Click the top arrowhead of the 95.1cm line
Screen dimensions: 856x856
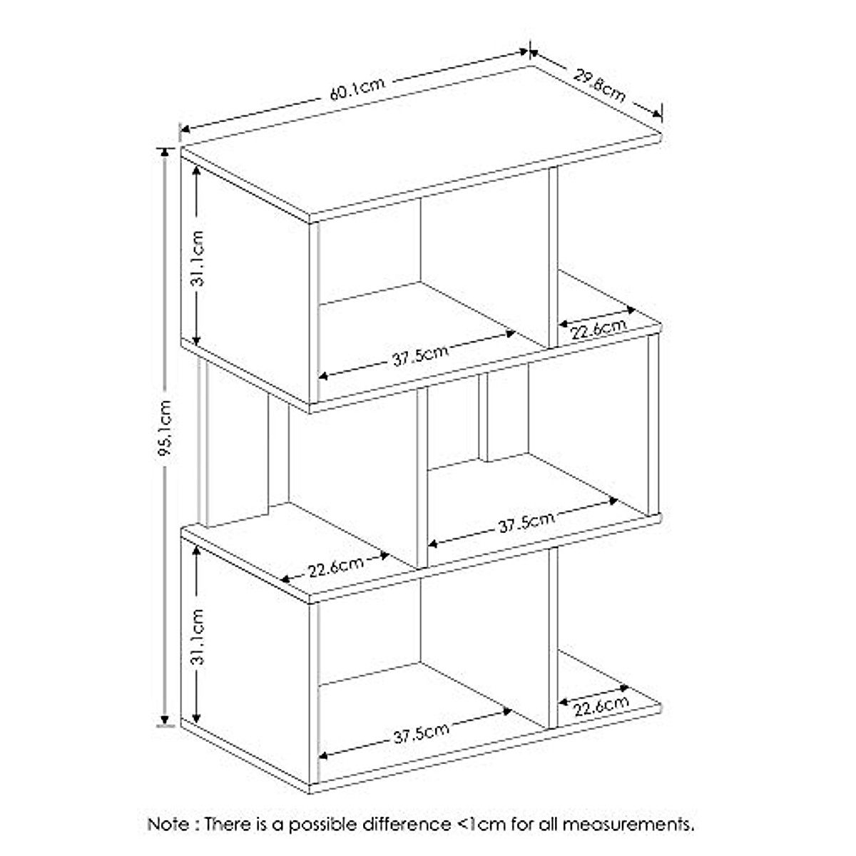coord(166,152)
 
